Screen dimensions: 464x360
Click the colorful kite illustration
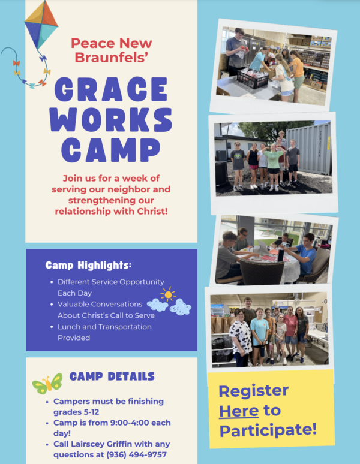point(41,25)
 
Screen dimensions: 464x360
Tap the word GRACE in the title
point(111,90)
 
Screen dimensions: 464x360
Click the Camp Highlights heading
point(88,264)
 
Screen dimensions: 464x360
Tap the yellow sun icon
point(167,294)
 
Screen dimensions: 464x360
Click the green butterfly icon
point(47,382)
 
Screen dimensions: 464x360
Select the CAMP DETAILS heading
point(112,376)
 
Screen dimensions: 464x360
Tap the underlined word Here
point(239,411)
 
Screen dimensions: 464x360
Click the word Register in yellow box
point(253,391)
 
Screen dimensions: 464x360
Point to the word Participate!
point(268,430)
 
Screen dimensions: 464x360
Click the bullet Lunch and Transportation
point(104,327)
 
